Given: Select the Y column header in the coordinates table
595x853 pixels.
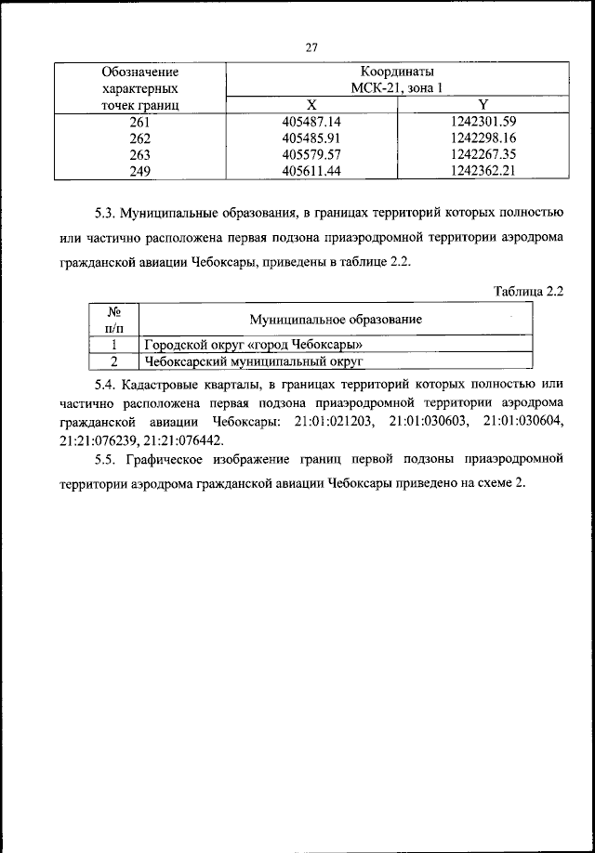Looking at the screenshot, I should pos(483,105).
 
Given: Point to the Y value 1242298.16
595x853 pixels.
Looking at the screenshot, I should pos(483,138).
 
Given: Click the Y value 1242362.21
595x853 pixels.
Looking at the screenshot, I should pos(483,171).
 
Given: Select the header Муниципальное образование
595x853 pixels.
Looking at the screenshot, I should pos(336,320).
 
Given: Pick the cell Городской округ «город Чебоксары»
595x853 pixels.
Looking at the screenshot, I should pos(253,345).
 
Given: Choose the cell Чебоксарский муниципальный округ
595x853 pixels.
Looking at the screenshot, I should pos(251,361).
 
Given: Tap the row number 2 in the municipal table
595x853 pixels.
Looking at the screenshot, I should pos(113,361).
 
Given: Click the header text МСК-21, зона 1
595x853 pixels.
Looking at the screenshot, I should pos(397,88).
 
